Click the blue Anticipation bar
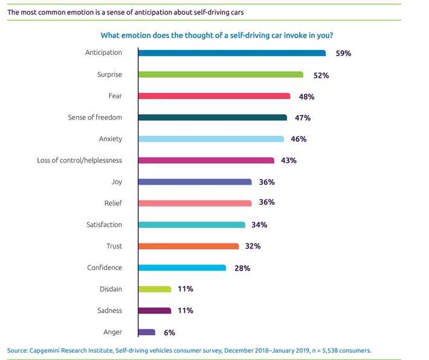(x=232, y=53)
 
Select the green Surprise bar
(x=221, y=74)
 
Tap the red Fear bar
(x=214, y=96)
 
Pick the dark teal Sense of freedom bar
(x=213, y=117)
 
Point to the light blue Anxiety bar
(x=211, y=139)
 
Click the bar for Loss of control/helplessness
(x=206, y=160)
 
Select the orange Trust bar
(x=189, y=246)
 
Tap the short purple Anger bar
(x=147, y=332)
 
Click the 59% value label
(x=343, y=53)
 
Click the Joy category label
(x=116, y=182)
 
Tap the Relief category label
(x=113, y=203)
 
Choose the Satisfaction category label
(x=104, y=225)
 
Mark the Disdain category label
(x=110, y=289)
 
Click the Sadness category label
(x=109, y=310)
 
